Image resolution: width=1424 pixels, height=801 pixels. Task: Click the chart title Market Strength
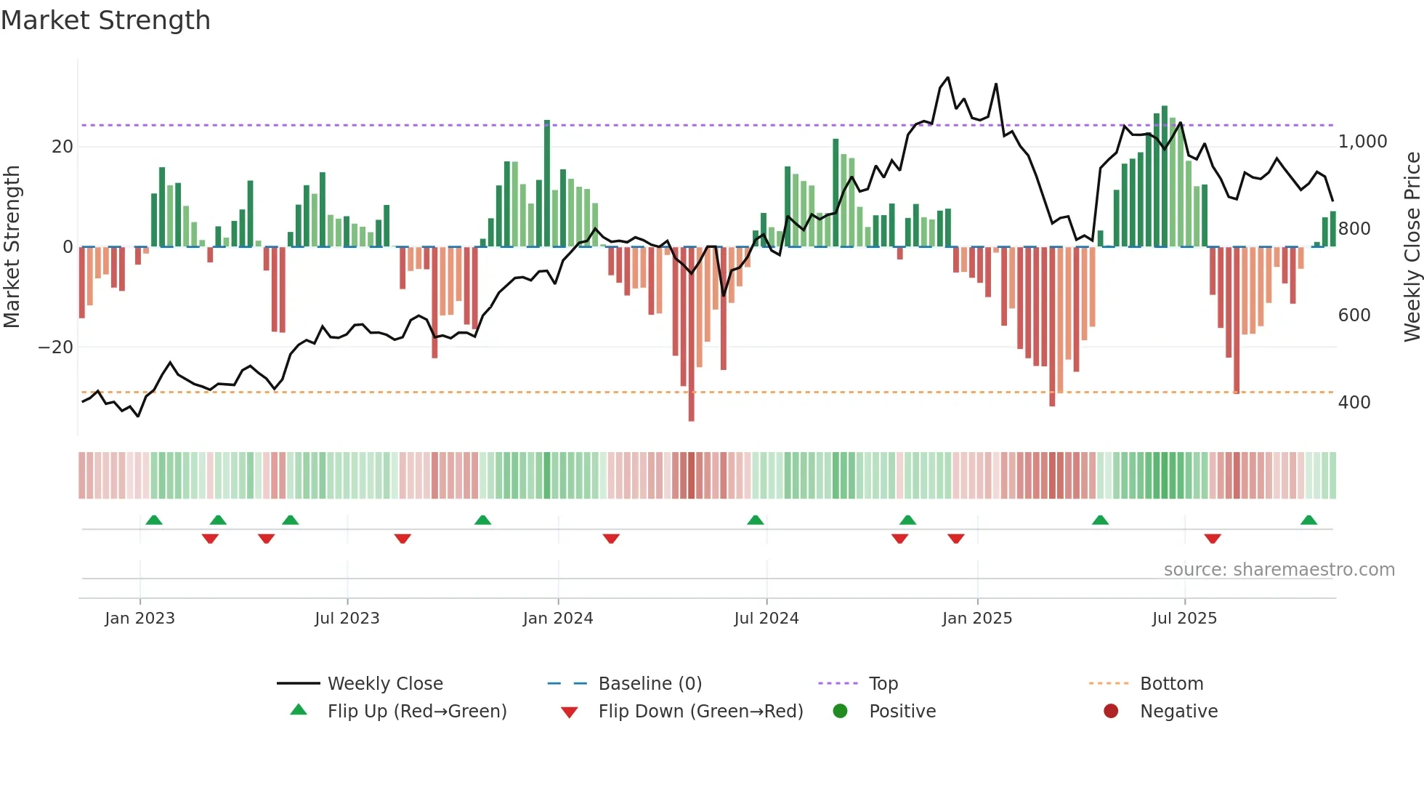coord(106,20)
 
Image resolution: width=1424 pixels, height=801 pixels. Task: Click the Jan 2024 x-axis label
coord(558,619)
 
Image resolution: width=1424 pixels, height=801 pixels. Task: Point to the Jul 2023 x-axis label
coord(347,619)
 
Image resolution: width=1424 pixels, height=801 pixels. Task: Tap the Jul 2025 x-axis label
coord(1184,619)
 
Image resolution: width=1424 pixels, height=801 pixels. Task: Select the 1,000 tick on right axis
coord(1362,142)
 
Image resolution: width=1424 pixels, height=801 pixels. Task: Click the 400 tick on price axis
coord(1354,403)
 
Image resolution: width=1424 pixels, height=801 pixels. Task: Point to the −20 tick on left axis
coord(56,347)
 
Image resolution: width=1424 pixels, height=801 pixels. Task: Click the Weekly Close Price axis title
coord(1412,247)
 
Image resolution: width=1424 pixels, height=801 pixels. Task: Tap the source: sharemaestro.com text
coord(1279,570)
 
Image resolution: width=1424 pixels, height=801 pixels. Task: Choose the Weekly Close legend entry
coord(385,684)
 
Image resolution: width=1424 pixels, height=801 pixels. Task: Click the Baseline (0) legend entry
coord(650,684)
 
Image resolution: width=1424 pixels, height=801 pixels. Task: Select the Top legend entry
coord(883,684)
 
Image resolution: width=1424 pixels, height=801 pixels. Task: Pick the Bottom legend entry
coord(1171,684)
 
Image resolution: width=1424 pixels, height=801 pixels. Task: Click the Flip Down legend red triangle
coord(570,712)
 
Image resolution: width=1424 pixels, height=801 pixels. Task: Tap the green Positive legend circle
coord(841,712)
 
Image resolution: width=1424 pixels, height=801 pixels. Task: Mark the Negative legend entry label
coord(1178,712)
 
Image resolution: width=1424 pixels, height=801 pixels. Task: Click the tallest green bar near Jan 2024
coord(547,182)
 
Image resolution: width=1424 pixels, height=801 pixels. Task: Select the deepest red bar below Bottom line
coord(691,334)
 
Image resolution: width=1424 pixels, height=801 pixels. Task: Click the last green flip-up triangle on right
coord(1308,520)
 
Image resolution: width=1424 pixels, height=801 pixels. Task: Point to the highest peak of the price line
coord(947,77)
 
